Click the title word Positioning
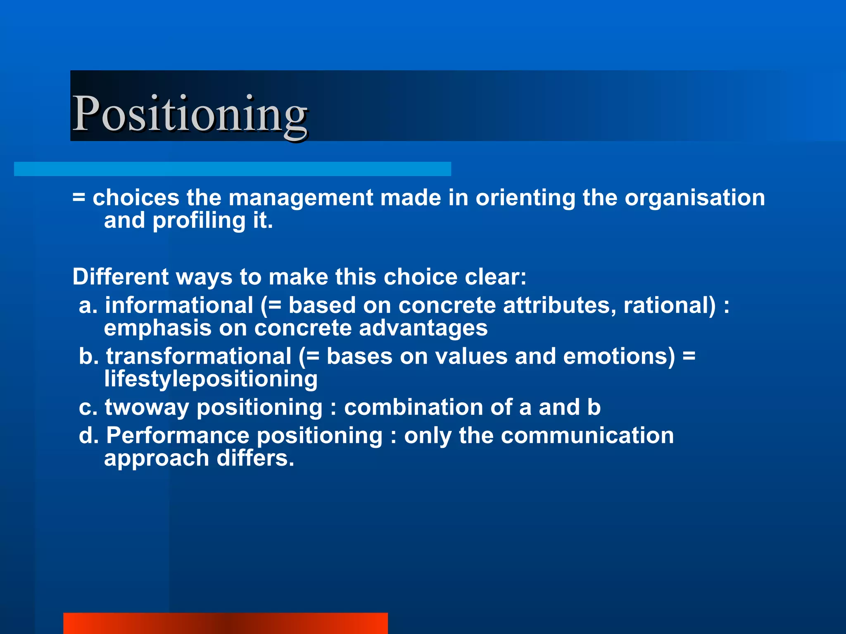point(190,114)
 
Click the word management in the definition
point(301,198)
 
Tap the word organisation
point(694,198)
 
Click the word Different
point(121,277)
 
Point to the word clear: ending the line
point(496,277)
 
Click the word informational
point(179,305)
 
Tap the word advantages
point(423,328)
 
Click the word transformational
point(199,356)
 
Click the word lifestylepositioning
point(211,379)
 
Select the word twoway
point(147,407)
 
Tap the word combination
point(413,407)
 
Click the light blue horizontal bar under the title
point(232,169)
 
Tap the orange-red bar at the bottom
point(225,623)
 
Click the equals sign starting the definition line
point(79,198)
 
